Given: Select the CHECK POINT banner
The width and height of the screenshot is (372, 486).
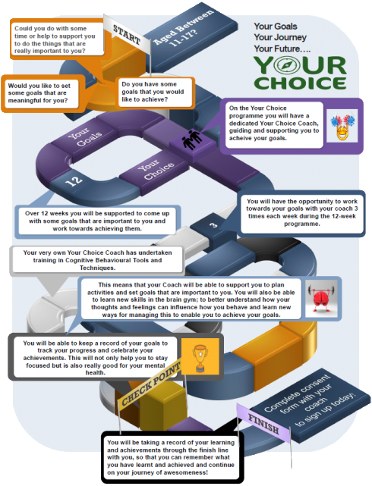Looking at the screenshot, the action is (x=150, y=384).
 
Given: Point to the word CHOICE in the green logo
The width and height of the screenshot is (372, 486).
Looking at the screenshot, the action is (x=300, y=83).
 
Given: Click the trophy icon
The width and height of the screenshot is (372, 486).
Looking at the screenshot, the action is (x=200, y=356).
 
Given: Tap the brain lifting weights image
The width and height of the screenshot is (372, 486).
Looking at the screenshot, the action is (x=321, y=299).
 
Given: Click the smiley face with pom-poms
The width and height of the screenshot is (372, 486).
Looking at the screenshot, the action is (x=342, y=126).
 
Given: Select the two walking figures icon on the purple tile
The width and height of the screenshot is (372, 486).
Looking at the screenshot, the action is (x=192, y=140).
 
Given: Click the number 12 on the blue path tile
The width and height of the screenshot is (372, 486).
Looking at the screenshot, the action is (x=74, y=180).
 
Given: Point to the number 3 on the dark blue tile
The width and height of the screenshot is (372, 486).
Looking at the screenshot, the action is (x=213, y=224).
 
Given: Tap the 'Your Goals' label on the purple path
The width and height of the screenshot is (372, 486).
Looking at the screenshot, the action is (x=84, y=136).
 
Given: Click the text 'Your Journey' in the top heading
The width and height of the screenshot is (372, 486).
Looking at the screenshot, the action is (x=280, y=37).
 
